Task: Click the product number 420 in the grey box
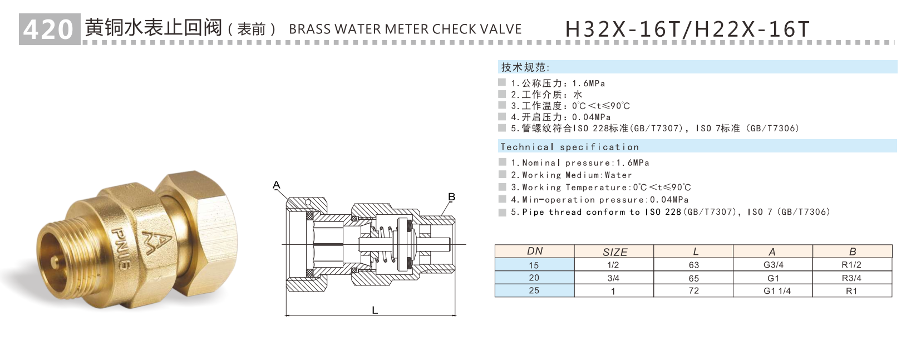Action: tap(49, 29)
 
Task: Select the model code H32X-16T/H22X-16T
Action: tap(687, 29)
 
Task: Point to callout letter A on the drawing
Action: tap(277, 185)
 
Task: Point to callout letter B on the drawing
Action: tap(451, 197)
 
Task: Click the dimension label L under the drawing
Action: tap(375, 310)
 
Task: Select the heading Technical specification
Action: tap(569, 147)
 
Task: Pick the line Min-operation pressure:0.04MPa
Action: tap(599, 199)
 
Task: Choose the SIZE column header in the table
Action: tap(614, 252)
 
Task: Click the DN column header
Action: tap(534, 251)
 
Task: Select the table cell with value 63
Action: tap(693, 265)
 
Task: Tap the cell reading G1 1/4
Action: tap(776, 290)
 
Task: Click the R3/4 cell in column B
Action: tap(851, 278)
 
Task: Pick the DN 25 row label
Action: tap(534, 290)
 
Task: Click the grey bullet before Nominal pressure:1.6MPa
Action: tap(503, 162)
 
